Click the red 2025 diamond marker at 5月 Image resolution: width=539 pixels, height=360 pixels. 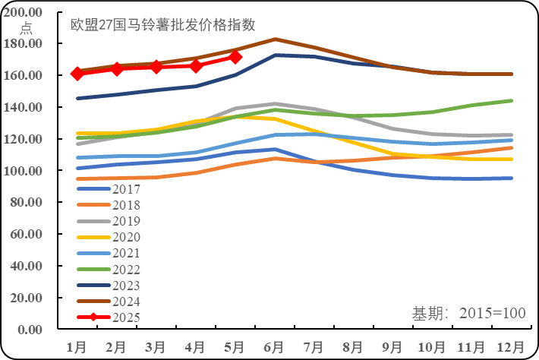tap(235, 57)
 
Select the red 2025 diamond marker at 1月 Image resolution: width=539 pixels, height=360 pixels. tap(77, 74)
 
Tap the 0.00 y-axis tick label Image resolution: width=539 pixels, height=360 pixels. tap(33, 330)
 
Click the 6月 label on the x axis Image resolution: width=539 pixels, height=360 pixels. tap(275, 346)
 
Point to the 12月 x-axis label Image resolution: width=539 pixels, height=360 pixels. tap(510, 346)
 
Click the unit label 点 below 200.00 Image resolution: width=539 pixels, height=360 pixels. tap(26, 28)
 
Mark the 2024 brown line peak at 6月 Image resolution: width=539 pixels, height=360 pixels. tap(275, 39)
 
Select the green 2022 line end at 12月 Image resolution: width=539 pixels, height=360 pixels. tap(510, 101)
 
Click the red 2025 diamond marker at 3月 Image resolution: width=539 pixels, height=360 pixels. tap(156, 67)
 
